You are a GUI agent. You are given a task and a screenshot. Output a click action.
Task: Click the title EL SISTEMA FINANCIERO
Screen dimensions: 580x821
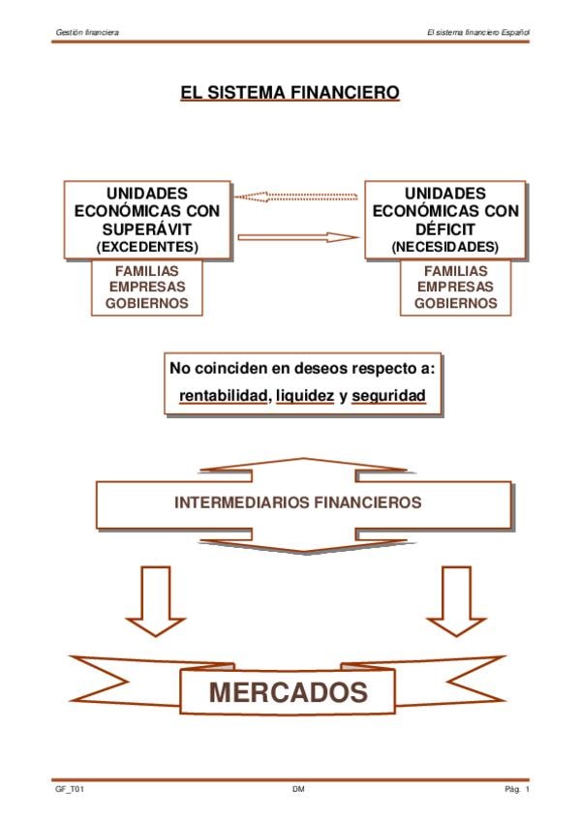tap(290, 93)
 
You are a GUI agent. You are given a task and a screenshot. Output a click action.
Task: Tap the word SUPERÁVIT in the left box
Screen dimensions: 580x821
tap(147, 229)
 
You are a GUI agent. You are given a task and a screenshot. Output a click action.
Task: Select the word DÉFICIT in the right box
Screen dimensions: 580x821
tap(445, 229)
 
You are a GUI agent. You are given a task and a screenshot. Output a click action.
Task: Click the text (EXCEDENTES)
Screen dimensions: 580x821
tap(147, 247)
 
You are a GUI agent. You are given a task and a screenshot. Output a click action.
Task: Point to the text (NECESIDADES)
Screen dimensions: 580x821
tap(445, 247)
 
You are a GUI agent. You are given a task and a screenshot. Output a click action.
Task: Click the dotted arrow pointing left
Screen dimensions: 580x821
tap(296, 197)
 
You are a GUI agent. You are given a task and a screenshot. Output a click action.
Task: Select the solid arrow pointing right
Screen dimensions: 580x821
tap(298, 237)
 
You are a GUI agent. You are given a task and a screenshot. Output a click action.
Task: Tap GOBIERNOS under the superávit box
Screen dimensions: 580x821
tap(147, 303)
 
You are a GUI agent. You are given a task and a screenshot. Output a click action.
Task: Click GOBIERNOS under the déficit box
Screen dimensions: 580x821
tap(455, 303)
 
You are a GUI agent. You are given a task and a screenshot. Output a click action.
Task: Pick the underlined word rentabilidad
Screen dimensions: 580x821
tap(223, 396)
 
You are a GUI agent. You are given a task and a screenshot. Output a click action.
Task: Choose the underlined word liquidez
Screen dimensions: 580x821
tap(305, 396)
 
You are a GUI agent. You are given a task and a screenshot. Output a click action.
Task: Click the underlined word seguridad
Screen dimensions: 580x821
tap(388, 396)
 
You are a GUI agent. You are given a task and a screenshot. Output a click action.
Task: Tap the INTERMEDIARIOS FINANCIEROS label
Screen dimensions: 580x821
tap(298, 502)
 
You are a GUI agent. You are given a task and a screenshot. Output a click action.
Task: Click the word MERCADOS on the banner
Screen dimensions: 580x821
tap(289, 692)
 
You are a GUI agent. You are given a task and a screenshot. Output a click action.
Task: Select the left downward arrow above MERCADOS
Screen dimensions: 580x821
tap(156, 600)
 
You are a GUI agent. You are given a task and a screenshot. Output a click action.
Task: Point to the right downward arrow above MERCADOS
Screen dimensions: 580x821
tap(456, 600)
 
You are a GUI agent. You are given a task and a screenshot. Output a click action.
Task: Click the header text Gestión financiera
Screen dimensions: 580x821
tap(87, 33)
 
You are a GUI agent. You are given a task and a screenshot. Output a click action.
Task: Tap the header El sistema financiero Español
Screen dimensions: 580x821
tap(478, 33)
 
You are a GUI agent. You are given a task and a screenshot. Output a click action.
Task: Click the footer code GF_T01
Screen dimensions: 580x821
tap(70, 789)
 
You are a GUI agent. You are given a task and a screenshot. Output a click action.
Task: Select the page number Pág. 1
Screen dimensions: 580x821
tap(517, 789)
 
